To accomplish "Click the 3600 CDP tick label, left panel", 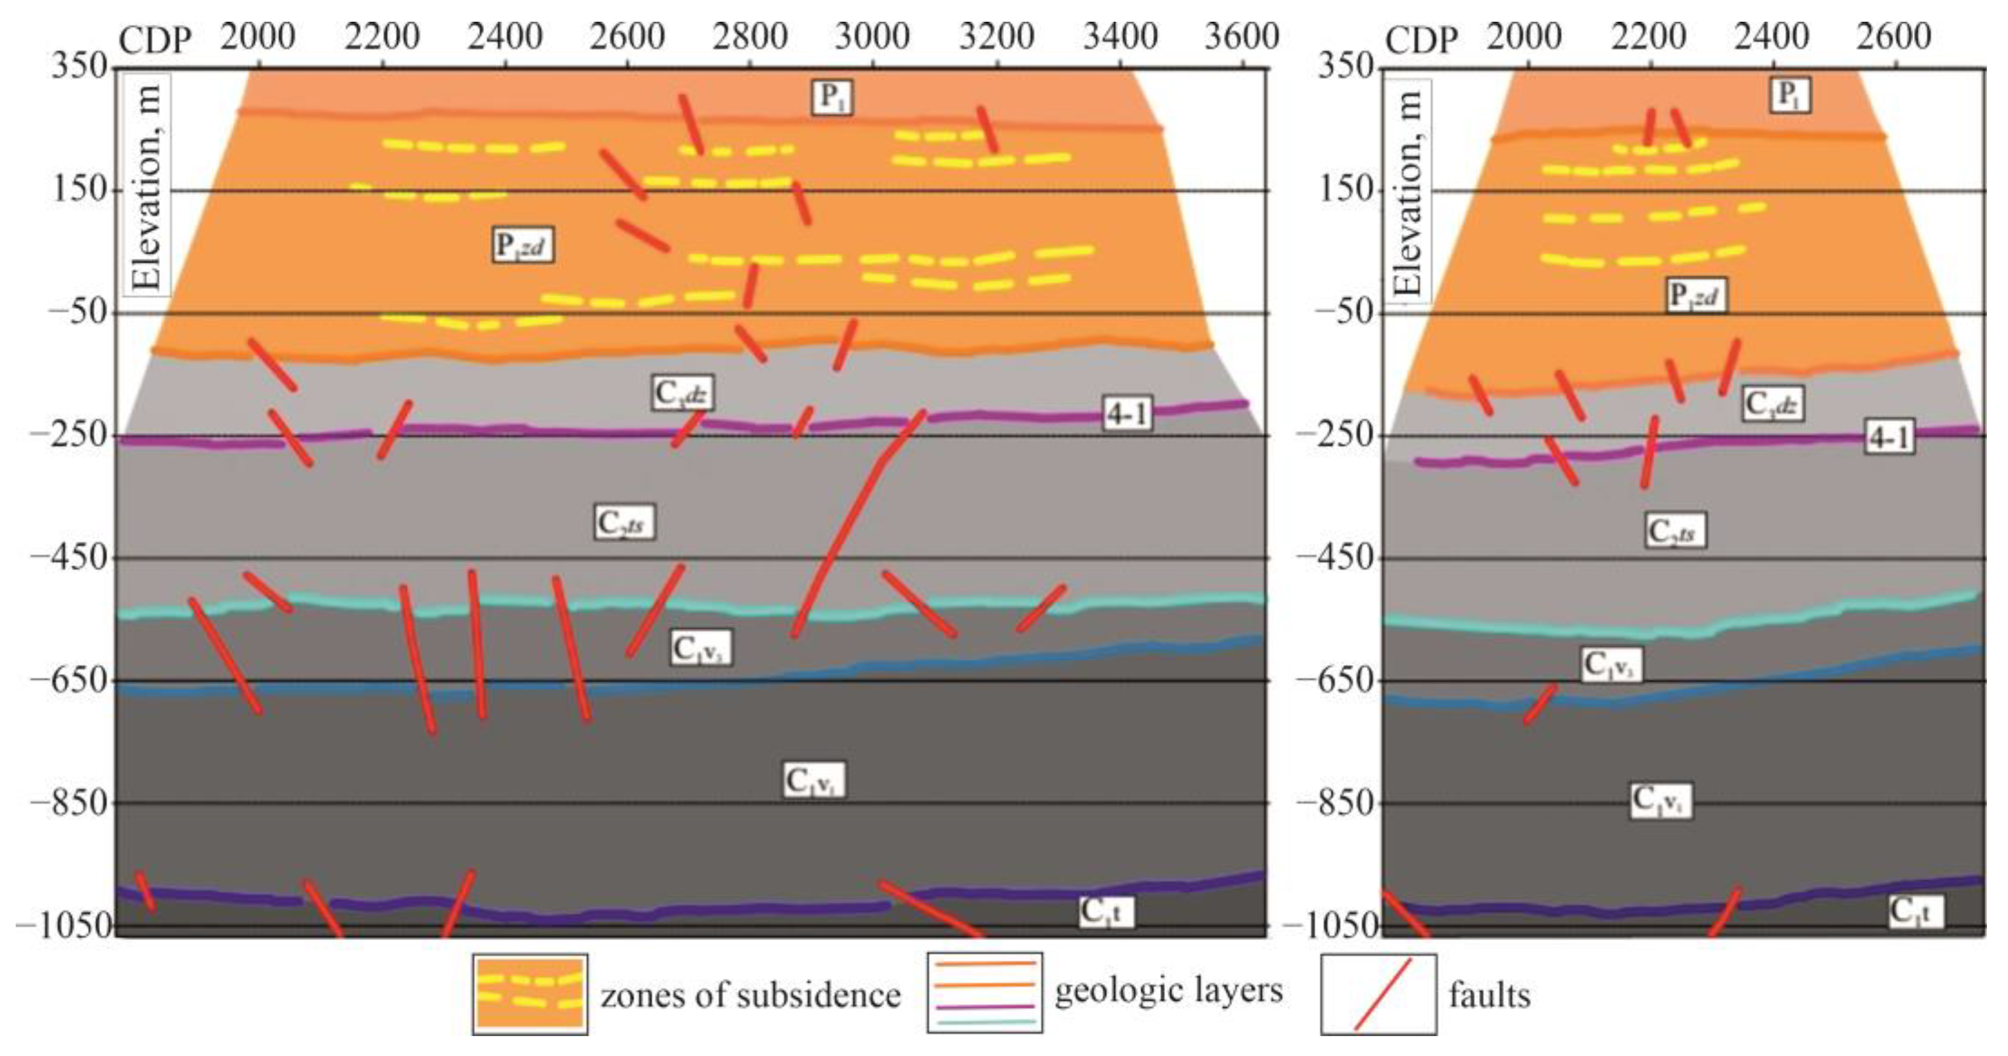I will click(1241, 37).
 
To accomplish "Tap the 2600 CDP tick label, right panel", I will click(1893, 37).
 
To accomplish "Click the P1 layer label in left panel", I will click(831, 97).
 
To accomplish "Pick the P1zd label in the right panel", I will click(1696, 295).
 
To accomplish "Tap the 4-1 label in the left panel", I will click(1127, 414).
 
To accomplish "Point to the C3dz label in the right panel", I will click(1773, 404).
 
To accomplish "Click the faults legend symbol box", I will click(1377, 994).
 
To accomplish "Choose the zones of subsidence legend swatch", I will click(530, 994).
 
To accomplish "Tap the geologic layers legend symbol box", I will click(985, 993).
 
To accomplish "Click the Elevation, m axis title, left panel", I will click(147, 187).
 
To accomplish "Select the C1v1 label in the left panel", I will click(813, 780).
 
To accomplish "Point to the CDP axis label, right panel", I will click(1421, 39).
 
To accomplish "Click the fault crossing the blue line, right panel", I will click(1540, 704).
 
